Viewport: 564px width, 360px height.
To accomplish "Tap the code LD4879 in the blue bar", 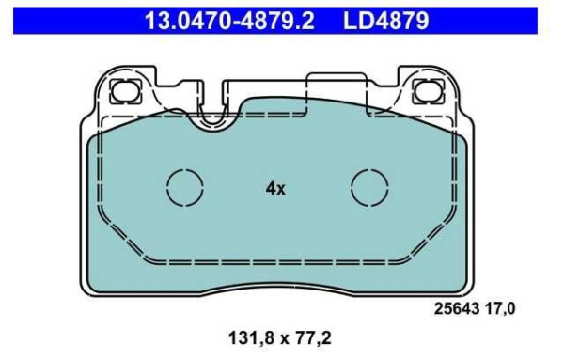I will coord(385,18).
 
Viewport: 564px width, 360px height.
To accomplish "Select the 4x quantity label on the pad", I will coord(274,188).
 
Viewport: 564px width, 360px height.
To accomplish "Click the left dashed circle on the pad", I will coord(184,187).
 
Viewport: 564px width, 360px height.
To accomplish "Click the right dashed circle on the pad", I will coord(369,187).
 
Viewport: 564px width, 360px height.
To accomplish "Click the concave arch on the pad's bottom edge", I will coord(276,278).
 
